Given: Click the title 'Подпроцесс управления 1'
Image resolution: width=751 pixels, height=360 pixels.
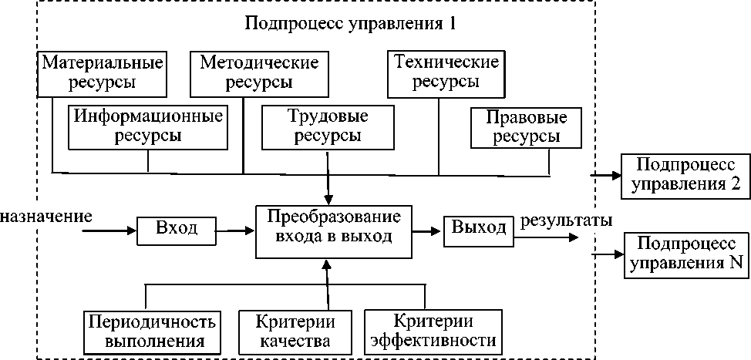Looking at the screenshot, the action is click(x=349, y=23).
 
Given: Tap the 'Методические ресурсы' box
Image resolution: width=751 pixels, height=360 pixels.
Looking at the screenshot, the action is click(x=259, y=73).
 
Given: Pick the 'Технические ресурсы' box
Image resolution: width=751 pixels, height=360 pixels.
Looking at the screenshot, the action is click(x=446, y=73).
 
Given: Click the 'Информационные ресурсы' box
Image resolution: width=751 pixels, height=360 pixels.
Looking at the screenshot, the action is click(x=148, y=127).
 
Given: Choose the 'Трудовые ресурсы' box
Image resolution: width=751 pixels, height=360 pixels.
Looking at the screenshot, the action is click(x=328, y=127).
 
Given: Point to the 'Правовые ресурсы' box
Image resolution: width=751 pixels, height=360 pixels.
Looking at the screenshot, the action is click(x=525, y=128).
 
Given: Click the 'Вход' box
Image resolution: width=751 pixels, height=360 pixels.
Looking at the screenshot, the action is click(x=177, y=230).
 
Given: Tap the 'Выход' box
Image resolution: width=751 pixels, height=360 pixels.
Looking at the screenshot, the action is click(x=479, y=230).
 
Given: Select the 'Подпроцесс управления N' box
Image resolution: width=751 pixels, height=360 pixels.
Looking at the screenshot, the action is click(x=687, y=254).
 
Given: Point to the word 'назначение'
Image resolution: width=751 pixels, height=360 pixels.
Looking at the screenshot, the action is click(x=46, y=217).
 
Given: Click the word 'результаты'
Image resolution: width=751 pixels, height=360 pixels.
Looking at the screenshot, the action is click(x=566, y=221).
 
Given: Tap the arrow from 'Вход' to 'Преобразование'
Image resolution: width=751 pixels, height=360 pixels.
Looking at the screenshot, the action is click(x=235, y=230).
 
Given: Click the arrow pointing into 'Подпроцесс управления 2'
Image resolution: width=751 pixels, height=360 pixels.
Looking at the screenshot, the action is click(x=606, y=177).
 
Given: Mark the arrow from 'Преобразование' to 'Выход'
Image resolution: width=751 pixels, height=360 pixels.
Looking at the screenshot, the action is click(x=426, y=230).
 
